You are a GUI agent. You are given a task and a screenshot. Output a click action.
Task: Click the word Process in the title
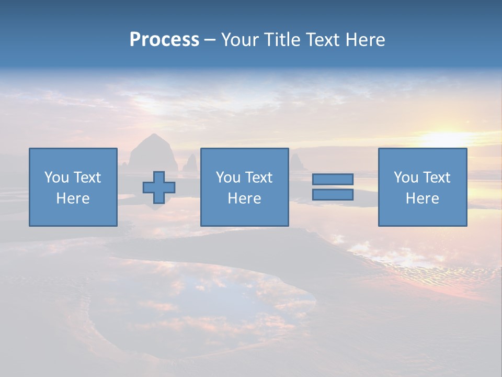click(164, 40)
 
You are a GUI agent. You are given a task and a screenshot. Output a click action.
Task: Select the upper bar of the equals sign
click(333, 179)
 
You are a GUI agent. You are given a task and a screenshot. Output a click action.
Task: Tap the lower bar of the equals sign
click(333, 195)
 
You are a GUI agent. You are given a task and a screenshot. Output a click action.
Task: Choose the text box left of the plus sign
click(73, 187)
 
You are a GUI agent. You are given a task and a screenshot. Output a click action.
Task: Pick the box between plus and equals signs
click(244, 187)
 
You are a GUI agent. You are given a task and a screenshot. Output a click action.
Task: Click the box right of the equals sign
click(422, 187)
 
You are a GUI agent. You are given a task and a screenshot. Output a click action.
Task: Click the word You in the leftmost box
click(56, 178)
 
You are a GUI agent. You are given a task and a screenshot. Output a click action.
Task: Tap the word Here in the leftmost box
click(73, 198)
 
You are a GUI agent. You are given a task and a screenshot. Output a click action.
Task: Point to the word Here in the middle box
click(244, 198)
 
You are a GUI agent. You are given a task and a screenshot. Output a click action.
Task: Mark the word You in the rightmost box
click(406, 178)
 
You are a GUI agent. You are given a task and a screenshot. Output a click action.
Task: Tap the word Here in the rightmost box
click(422, 198)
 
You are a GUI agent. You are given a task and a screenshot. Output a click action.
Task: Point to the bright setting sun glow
click(444, 138)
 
